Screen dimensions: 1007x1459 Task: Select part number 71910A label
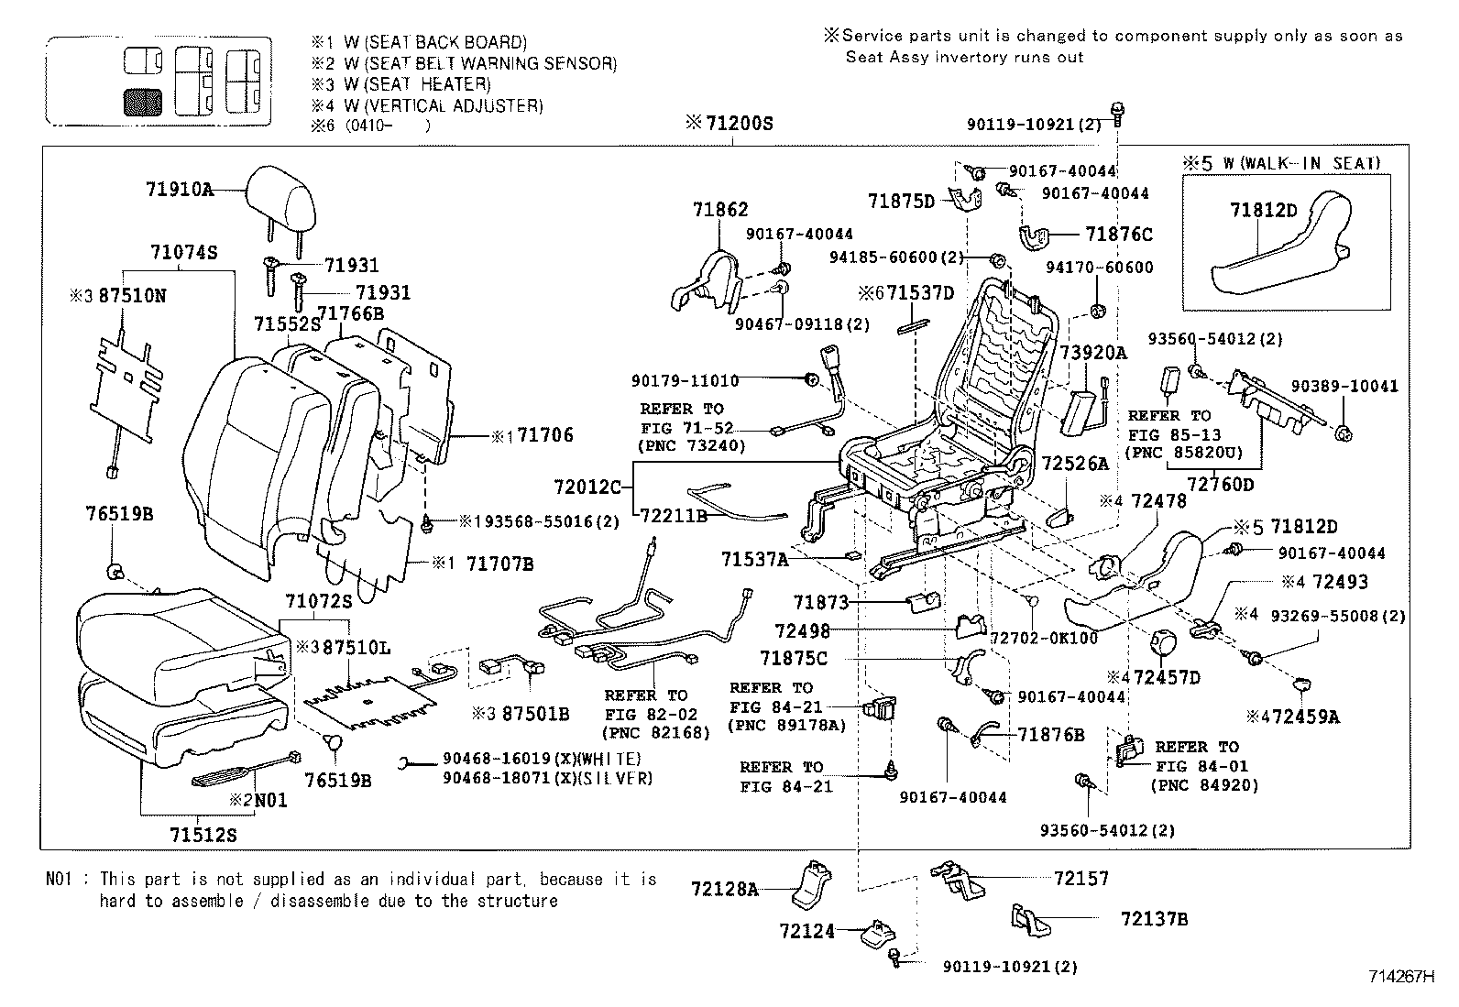coord(179,190)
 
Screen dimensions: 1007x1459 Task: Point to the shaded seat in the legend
coord(142,102)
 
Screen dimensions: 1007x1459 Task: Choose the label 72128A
coord(724,888)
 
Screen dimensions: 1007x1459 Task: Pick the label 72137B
coord(1154,918)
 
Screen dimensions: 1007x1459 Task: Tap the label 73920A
coord(1093,353)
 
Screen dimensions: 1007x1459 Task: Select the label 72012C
coord(587,487)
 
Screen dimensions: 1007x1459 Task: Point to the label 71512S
coord(203,835)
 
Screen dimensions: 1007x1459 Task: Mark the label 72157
coord(1081,879)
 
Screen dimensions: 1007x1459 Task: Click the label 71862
coord(720,210)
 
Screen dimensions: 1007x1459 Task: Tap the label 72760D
coord(1220,483)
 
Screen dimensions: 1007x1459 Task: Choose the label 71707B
coord(499,564)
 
